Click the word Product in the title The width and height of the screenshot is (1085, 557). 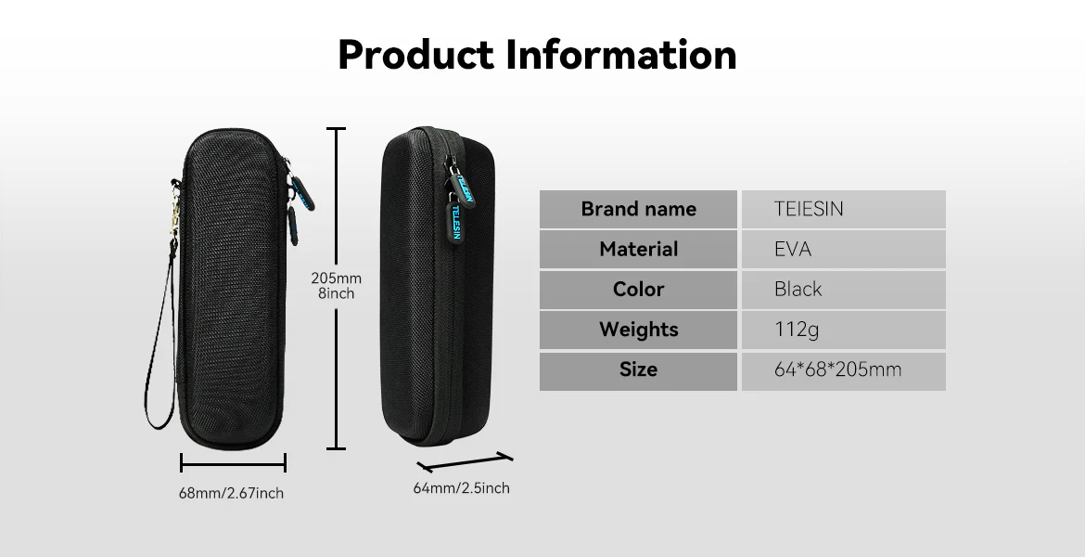(x=415, y=55)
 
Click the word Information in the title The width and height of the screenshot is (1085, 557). (x=621, y=55)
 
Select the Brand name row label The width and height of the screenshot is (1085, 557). (x=639, y=209)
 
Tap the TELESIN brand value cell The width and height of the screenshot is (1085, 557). (x=844, y=209)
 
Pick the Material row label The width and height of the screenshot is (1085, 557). (x=639, y=250)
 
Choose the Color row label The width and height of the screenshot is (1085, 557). (x=639, y=290)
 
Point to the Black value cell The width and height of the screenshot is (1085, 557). (x=844, y=290)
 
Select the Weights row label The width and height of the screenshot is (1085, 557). (x=639, y=330)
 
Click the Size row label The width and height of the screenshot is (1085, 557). (x=639, y=370)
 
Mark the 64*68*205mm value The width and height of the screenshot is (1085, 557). (x=838, y=370)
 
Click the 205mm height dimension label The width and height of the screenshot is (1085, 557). (x=337, y=278)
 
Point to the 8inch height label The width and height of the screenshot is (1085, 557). (x=337, y=293)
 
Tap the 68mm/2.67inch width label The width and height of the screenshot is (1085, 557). (x=231, y=493)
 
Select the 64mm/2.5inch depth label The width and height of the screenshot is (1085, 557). (x=462, y=488)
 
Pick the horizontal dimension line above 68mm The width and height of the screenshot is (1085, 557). (x=233, y=463)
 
